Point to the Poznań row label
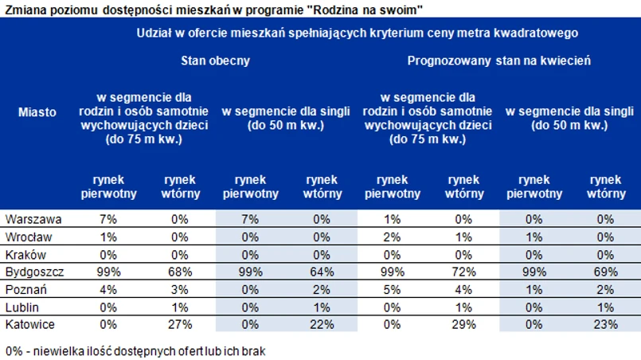point(25,289)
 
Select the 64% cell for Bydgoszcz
point(321,272)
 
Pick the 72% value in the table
point(464,272)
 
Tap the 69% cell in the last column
point(607,272)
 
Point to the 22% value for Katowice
point(321,324)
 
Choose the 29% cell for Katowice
point(464,324)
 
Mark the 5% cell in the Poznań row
point(393,289)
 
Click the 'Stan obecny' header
point(215,61)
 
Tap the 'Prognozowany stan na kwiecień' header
point(499,61)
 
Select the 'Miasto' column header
point(37,112)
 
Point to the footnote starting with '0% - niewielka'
point(134,350)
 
